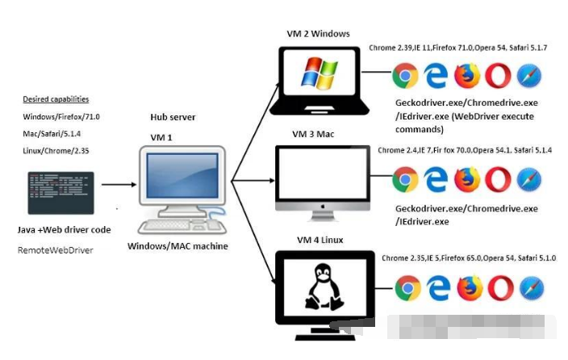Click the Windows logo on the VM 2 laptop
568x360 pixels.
point(317,72)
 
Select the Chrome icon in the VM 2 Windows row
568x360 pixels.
point(405,76)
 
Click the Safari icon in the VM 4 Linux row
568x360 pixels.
point(529,287)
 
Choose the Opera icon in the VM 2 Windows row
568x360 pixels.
point(498,76)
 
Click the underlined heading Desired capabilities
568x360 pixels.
point(56,99)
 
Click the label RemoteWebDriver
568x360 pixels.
point(55,251)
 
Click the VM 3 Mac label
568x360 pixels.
point(315,133)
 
